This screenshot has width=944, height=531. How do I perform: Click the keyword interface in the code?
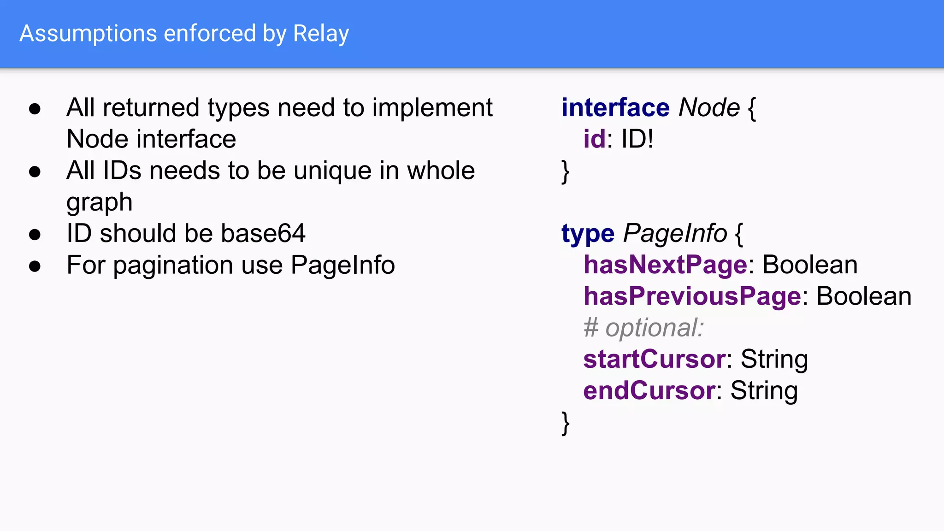tap(615, 108)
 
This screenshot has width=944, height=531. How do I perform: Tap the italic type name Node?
tap(709, 108)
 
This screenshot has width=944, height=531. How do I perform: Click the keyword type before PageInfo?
tap(588, 234)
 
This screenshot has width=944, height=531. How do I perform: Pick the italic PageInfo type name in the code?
tap(675, 233)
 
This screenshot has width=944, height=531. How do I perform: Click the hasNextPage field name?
tap(665, 265)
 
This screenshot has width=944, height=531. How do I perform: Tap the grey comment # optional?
tap(643, 328)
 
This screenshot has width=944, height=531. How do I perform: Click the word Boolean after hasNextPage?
tap(810, 265)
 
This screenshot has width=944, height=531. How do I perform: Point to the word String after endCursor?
tap(764, 391)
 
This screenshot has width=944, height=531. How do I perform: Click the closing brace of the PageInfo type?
tap(566, 423)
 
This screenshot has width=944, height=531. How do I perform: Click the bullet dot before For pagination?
tap(35, 266)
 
